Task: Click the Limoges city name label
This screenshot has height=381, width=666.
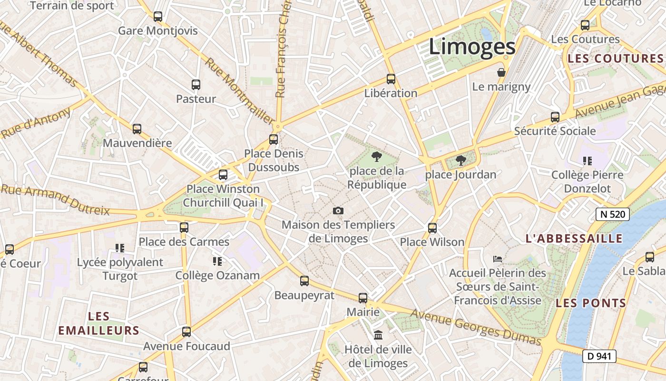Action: pyautogui.click(x=472, y=47)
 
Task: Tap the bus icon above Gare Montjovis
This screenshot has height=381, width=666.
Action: pyautogui.click(x=158, y=17)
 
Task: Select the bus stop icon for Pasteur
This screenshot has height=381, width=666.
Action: pyautogui.click(x=196, y=85)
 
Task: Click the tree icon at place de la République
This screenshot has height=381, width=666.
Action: pyautogui.click(x=376, y=156)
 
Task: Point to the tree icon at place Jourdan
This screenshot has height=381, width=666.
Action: pyautogui.click(x=460, y=160)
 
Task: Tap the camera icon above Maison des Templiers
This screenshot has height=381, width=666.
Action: pyautogui.click(x=338, y=211)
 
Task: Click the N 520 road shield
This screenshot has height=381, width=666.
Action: pyautogui.click(x=613, y=214)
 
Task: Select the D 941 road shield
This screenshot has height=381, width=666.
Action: pyautogui.click(x=599, y=356)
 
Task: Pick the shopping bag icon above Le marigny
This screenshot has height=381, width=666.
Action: pyautogui.click(x=501, y=72)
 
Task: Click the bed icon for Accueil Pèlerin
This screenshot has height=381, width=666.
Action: pyautogui.click(x=498, y=259)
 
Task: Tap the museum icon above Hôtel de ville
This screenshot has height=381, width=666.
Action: pyautogui.click(x=378, y=335)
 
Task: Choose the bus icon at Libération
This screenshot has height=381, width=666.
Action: pyautogui.click(x=391, y=79)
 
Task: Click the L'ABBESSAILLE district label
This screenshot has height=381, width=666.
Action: pyautogui.click(x=574, y=239)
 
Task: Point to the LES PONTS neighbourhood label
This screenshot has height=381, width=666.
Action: pyautogui.click(x=591, y=303)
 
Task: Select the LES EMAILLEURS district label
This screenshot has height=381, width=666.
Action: pyautogui.click(x=98, y=323)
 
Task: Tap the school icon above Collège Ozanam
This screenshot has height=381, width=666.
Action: pyautogui.click(x=217, y=261)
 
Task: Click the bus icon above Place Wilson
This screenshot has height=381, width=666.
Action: pyautogui.click(x=432, y=228)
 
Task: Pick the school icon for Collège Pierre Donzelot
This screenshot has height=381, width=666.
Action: pyautogui.click(x=588, y=161)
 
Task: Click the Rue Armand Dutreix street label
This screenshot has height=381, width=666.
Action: pyautogui.click(x=55, y=200)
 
